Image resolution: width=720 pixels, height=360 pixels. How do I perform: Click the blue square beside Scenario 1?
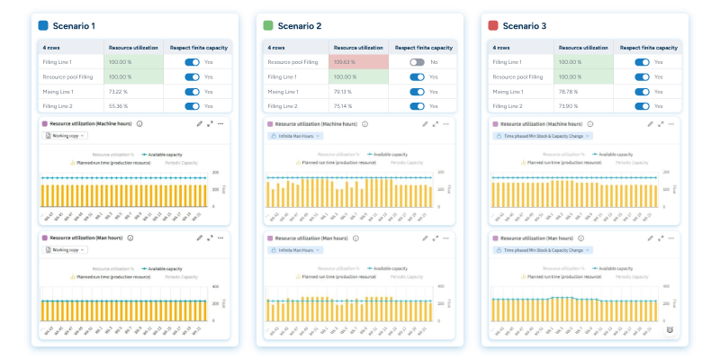click(x=44, y=25)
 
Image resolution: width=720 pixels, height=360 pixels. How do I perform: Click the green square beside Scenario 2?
click(x=268, y=25)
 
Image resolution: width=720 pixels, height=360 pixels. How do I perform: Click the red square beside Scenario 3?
click(x=492, y=25)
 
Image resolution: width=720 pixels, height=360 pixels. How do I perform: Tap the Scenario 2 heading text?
click(x=301, y=25)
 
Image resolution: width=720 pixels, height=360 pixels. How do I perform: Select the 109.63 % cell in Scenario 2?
click(x=345, y=62)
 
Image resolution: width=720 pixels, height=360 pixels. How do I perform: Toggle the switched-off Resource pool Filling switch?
click(x=416, y=62)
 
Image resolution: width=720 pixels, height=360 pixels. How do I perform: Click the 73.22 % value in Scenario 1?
click(x=120, y=92)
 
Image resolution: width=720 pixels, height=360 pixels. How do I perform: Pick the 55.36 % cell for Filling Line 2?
click(x=120, y=106)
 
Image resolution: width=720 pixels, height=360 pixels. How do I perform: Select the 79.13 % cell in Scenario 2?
click(x=345, y=92)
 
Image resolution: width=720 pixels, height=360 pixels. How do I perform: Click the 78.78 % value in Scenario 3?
click(x=569, y=92)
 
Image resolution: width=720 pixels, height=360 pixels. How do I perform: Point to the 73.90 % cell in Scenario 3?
click(x=569, y=106)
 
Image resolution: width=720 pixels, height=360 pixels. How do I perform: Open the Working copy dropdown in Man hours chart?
click(x=67, y=250)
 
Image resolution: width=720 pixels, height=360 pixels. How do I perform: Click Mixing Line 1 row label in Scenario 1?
click(x=58, y=92)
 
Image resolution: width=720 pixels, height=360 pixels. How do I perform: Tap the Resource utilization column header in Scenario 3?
click(x=582, y=47)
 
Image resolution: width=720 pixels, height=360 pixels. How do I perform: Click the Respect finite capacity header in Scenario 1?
click(x=197, y=47)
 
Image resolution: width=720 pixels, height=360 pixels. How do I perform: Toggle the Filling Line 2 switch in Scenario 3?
click(x=641, y=106)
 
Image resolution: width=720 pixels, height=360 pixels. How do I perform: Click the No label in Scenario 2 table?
click(x=434, y=62)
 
